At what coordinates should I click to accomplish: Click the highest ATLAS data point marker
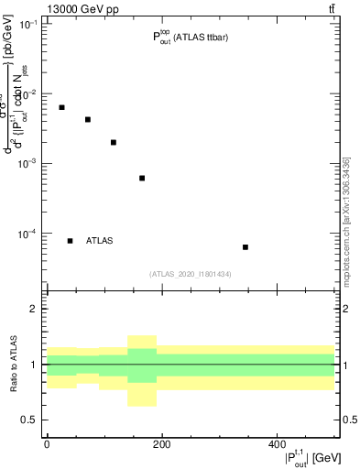click(x=61, y=107)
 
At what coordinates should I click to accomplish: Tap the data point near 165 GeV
click(x=142, y=178)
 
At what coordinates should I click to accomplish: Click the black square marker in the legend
click(x=70, y=241)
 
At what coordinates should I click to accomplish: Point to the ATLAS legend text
click(x=99, y=241)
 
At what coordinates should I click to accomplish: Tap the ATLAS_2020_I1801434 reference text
click(x=190, y=274)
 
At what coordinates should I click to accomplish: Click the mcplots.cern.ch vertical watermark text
click(x=346, y=220)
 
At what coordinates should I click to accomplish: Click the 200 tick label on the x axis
click(x=161, y=443)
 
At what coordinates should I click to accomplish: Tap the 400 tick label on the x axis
click(x=277, y=443)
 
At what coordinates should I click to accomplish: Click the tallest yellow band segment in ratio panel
click(x=142, y=370)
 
